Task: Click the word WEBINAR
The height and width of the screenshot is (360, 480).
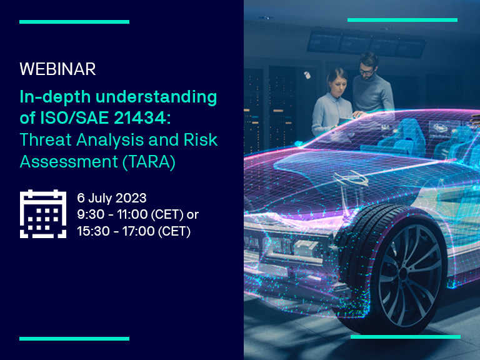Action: [57, 69]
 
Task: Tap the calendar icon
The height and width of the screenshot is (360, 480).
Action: [43, 214]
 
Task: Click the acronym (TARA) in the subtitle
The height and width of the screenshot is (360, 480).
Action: [149, 162]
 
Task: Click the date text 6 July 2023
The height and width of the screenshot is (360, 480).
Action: [112, 198]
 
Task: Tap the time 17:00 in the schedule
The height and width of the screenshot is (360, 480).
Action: [138, 231]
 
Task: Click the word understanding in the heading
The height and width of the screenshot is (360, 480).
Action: [156, 97]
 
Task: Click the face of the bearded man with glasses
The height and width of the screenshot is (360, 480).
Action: [367, 69]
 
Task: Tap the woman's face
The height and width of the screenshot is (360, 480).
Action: [338, 82]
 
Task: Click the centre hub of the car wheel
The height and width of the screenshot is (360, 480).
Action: [403, 273]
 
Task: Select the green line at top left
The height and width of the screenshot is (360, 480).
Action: [74, 22]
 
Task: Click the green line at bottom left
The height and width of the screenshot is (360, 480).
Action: [74, 339]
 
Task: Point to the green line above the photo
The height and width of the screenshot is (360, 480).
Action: [402, 20]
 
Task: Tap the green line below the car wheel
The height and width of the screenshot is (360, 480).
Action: [406, 337]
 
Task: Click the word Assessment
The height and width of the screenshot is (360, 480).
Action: [69, 161]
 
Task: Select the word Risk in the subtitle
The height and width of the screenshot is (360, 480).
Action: [201, 139]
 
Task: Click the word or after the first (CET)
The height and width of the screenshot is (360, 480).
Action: [192, 215]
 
